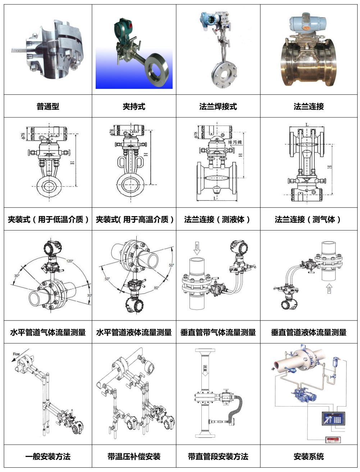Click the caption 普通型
pyautogui.click(x=48, y=106)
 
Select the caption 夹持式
pyautogui.click(x=134, y=106)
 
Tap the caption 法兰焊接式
pyautogui.click(x=218, y=106)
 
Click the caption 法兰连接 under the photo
pyautogui.click(x=309, y=106)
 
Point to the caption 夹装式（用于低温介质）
pyautogui.click(x=48, y=219)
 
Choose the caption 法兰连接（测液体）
pyautogui.click(x=218, y=219)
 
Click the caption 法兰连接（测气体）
pyautogui.click(x=309, y=219)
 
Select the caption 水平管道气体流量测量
pyautogui.click(x=48, y=332)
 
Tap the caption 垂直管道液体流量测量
pyautogui.click(x=309, y=332)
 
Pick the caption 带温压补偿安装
pyautogui.click(x=134, y=457)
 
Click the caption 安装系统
pyautogui.click(x=309, y=457)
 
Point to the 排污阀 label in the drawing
pyautogui.click(x=235, y=142)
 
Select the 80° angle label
pyautogui.click(x=156, y=288)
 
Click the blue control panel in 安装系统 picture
pyautogui.click(x=333, y=419)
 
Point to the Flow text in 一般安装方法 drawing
pyautogui.click(x=17, y=354)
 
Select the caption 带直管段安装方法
pyautogui.click(x=218, y=457)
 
